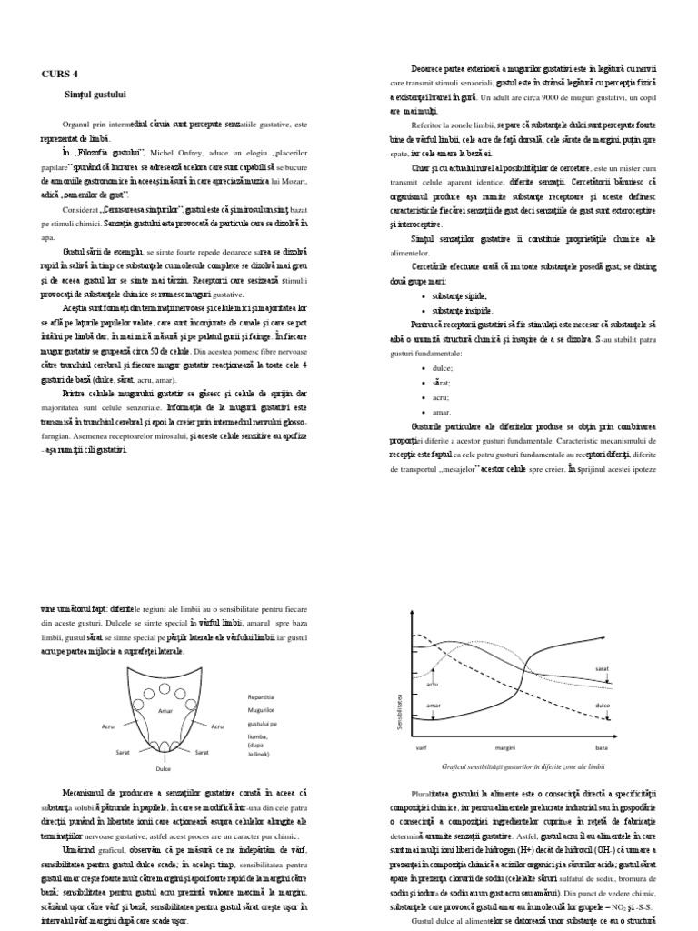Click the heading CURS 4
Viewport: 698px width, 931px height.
(61, 74)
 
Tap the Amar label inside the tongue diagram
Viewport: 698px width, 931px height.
(165, 710)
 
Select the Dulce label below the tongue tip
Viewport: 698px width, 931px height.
(164, 768)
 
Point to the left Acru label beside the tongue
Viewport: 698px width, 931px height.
(110, 726)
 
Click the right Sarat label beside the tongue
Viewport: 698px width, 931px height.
(202, 753)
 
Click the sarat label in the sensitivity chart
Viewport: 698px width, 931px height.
(602, 668)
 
